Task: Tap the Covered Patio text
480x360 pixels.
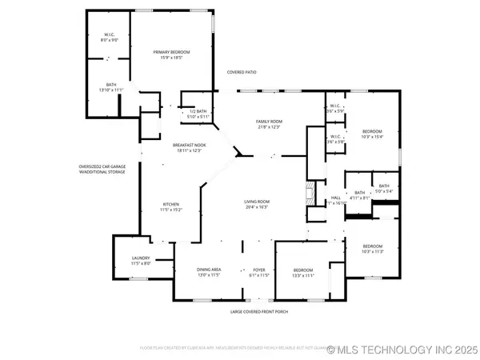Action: coord(242,72)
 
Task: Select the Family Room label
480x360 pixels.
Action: coord(269,121)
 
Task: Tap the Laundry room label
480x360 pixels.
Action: coord(141,257)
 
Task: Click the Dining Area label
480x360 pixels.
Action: coord(209,270)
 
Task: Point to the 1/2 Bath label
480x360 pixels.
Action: coord(197,111)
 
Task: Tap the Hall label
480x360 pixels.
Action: coord(336,198)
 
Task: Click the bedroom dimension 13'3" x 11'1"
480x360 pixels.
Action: coord(302,275)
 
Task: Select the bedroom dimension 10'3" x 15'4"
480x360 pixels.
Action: coord(373,137)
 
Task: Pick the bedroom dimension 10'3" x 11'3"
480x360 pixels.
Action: coord(373,251)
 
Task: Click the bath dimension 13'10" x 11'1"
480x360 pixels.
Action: coord(111,90)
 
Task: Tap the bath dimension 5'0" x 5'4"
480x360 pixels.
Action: coord(384,191)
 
